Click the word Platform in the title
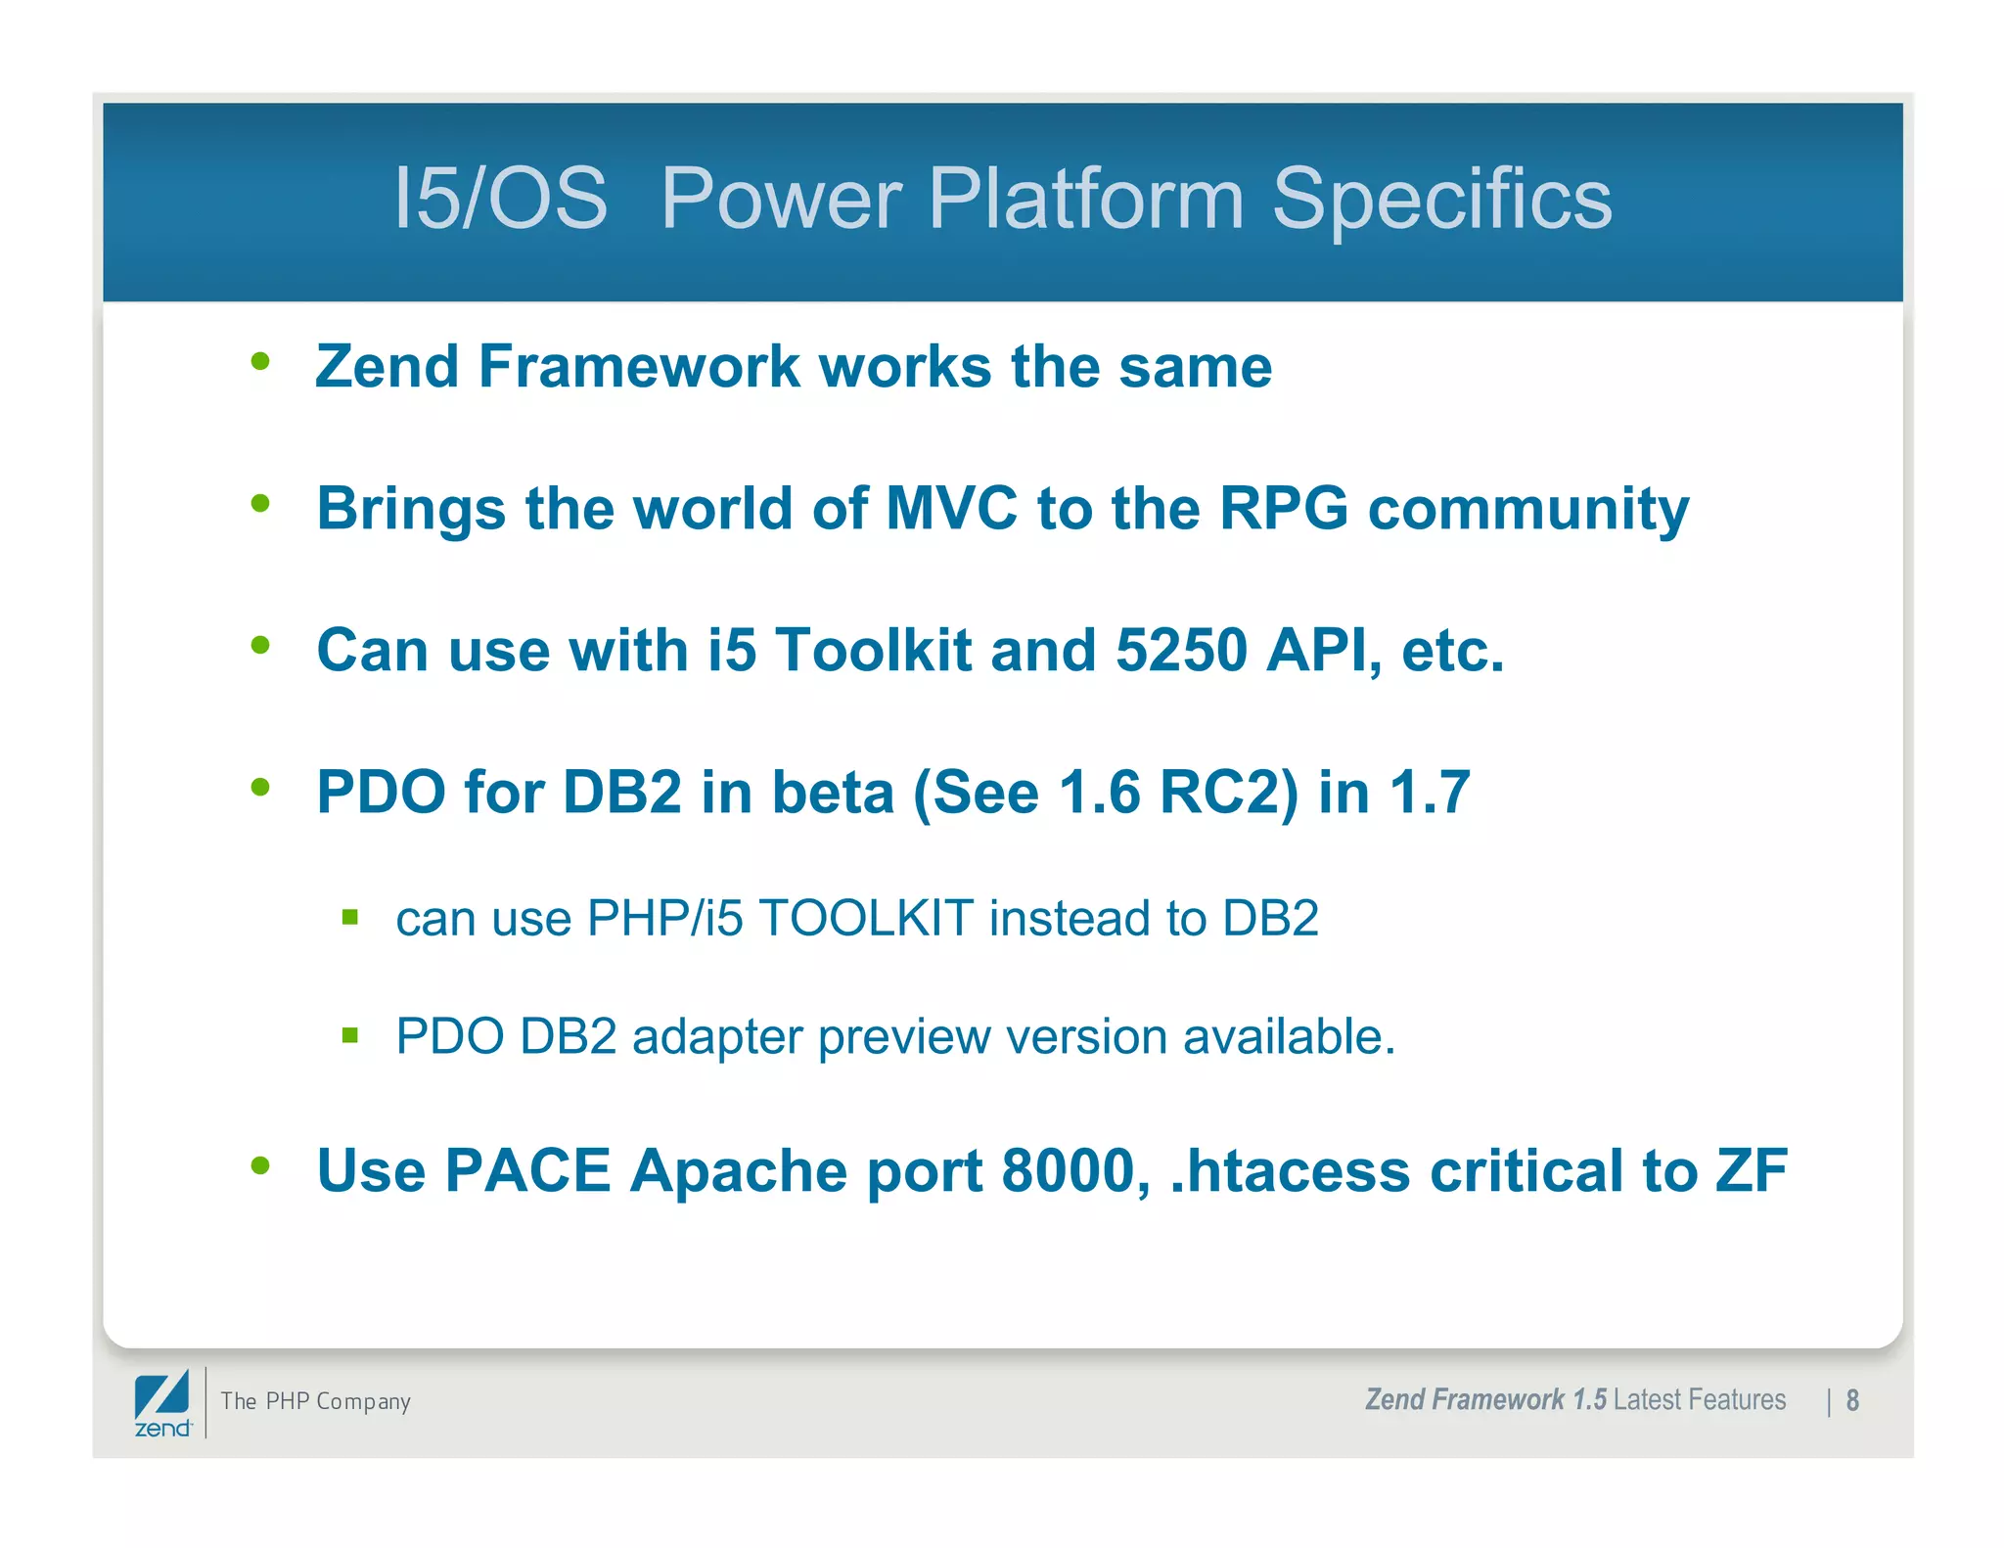click(1085, 199)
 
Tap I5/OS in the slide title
click(500, 199)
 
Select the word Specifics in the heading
click(1440, 199)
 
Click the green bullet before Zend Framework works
click(260, 362)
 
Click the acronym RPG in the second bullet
click(1283, 509)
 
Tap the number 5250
click(1181, 650)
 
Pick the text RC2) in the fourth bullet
click(1229, 792)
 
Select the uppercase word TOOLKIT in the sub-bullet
click(866, 919)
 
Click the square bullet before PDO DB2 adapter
click(350, 1035)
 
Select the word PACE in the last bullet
click(527, 1171)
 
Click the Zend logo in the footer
click(162, 1403)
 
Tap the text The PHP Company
click(315, 1401)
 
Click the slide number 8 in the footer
click(1852, 1401)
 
